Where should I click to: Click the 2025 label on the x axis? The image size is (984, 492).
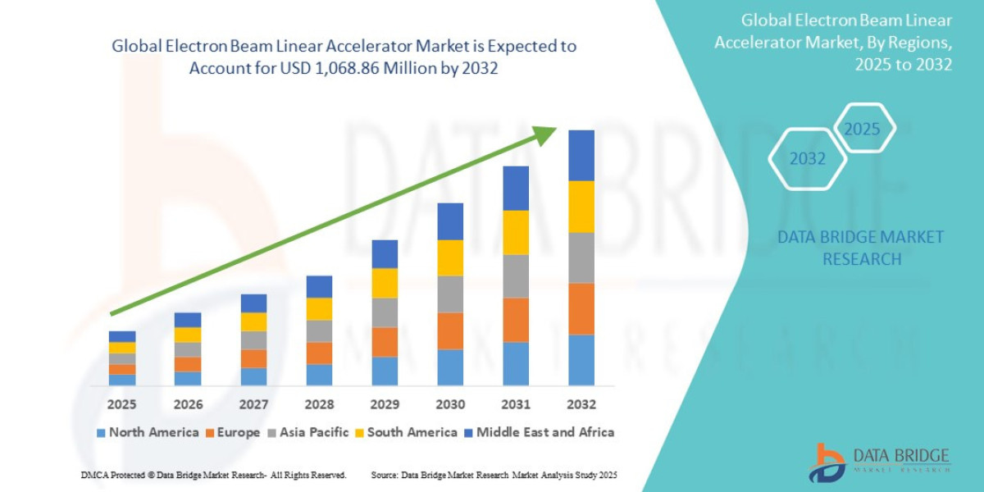121,405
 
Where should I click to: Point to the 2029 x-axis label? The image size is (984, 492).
385,405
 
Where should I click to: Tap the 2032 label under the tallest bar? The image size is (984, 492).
581,405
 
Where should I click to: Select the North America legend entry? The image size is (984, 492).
148,432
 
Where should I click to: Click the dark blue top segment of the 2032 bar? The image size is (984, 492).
581,155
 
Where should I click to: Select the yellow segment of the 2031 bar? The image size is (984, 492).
516,232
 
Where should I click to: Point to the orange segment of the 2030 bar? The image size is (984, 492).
450,330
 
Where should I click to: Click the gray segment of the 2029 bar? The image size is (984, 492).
385,312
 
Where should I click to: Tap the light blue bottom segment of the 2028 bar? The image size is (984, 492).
319,375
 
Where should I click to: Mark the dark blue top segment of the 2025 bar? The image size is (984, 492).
122,336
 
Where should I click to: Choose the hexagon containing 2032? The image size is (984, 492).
807,159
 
